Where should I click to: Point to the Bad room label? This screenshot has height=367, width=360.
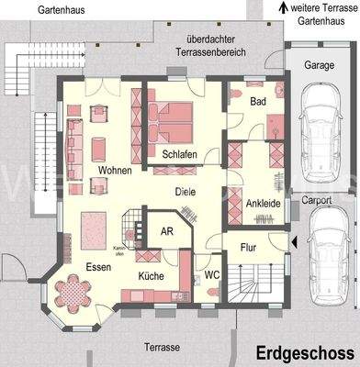(259, 103)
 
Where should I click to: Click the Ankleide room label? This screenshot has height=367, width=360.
(264, 203)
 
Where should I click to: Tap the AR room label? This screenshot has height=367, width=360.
(167, 232)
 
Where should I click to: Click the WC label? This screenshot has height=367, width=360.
(211, 274)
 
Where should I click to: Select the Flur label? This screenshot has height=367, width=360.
(248, 247)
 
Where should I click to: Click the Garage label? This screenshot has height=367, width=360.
(318, 66)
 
